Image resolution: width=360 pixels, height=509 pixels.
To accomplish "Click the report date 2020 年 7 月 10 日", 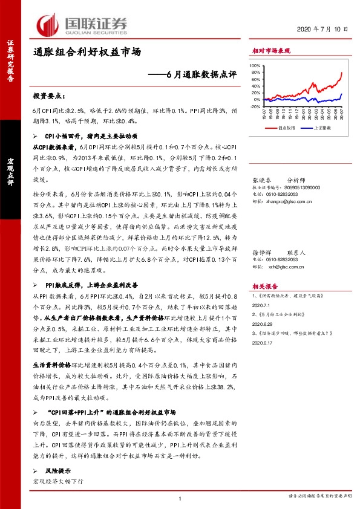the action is (x=324, y=28).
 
